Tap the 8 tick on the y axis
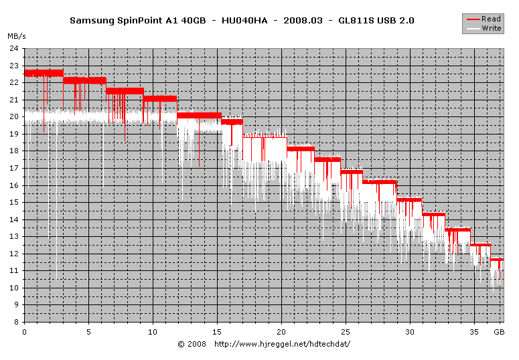(x=16, y=322)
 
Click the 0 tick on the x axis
(x=25, y=331)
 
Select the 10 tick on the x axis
(x=153, y=331)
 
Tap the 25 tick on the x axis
(x=346, y=331)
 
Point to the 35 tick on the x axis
(x=474, y=331)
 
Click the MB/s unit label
(x=16, y=35)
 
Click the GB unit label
(x=498, y=331)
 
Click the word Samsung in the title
(x=90, y=21)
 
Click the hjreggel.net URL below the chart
(x=282, y=344)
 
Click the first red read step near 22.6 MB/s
(x=44, y=72)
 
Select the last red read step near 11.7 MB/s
(x=497, y=259)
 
